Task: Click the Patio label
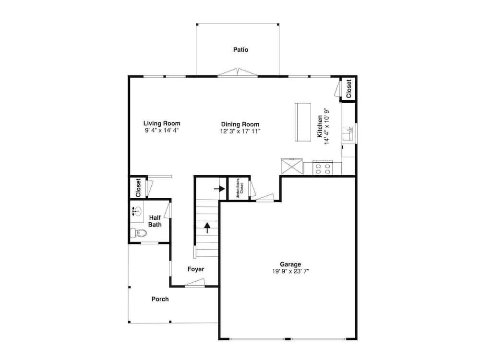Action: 240,49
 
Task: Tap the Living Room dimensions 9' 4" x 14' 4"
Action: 162,131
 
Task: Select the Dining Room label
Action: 240,124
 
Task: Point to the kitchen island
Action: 303,122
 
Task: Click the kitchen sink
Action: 348,133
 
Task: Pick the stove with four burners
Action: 323,168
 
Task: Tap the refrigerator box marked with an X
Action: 292,166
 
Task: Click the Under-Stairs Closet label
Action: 240,188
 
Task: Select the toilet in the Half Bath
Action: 138,233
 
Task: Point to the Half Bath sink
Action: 137,211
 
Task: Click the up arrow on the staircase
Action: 207,228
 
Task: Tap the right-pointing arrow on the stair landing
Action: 219,189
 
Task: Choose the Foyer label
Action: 196,269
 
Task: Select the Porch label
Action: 160,299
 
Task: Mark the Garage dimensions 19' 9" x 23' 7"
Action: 290,271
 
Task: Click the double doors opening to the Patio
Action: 238,72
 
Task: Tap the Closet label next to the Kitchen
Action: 348,89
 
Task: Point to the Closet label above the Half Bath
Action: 138,188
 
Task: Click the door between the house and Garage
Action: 265,197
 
